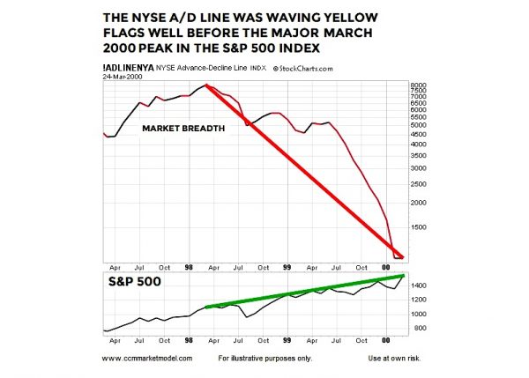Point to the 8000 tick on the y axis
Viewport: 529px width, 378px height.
(419, 85)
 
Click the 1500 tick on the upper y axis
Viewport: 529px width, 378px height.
(419, 226)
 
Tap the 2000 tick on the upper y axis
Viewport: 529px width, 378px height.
(419, 202)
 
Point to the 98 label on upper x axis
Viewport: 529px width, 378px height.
(190, 266)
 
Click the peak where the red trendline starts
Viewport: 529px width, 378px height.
(205, 85)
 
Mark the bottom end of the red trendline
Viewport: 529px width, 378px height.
(402, 257)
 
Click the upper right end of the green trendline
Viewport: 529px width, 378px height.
(404, 276)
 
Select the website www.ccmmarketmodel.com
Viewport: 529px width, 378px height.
(146, 359)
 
